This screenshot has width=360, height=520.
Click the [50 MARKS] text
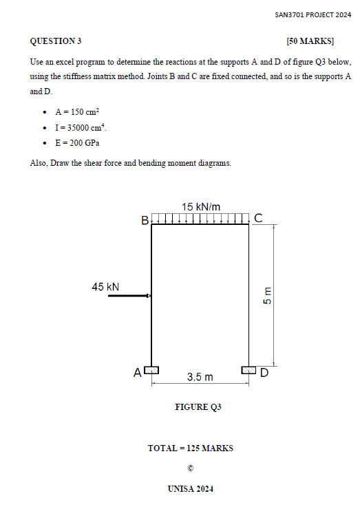pos(310,41)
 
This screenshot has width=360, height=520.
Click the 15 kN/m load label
pos(201,206)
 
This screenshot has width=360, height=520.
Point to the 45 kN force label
pos(105,287)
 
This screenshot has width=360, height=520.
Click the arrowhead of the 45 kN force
pos(148,296)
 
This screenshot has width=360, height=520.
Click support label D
pos(264,373)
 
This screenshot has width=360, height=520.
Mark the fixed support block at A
pos(151,370)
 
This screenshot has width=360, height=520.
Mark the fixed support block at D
pos(248,370)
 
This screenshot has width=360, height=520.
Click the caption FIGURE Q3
pos(198,407)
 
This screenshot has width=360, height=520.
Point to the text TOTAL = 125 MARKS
pos(191,448)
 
